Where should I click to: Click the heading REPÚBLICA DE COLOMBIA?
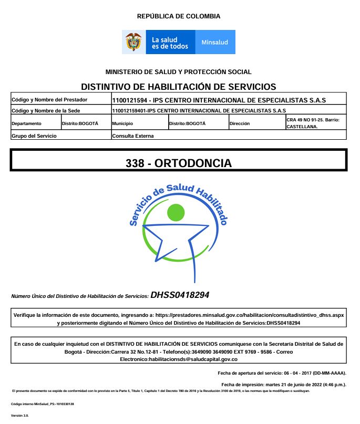pyautogui.click(x=179, y=16)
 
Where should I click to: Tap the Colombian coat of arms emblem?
pyautogui.click(x=134, y=42)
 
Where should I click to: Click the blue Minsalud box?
pyautogui.click(x=215, y=42)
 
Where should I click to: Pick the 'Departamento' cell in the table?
pyautogui.click(x=26, y=123)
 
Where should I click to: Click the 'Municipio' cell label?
pyautogui.click(x=123, y=123)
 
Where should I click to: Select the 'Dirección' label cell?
pyautogui.click(x=240, y=123)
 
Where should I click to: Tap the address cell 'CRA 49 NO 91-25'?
pyautogui.click(x=312, y=120)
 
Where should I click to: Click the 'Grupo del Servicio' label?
pyautogui.click(x=34, y=136)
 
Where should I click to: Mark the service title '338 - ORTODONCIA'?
pyautogui.click(x=179, y=163)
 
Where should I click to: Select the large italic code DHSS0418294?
pyautogui.click(x=180, y=295)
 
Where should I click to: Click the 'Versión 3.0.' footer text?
pyautogui.click(x=20, y=415)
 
